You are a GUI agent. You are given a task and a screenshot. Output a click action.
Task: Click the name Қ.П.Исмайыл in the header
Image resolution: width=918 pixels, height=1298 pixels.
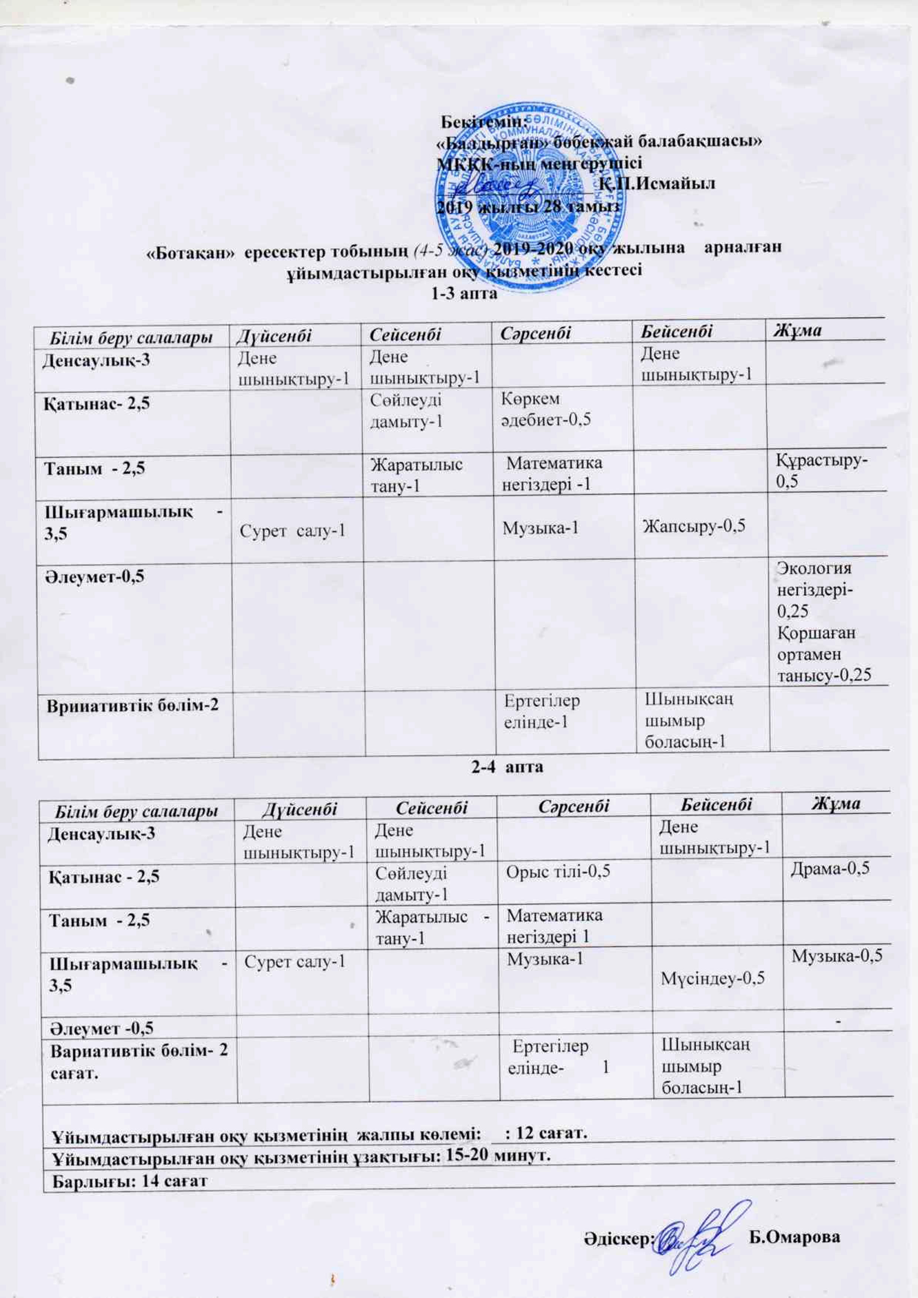(657, 183)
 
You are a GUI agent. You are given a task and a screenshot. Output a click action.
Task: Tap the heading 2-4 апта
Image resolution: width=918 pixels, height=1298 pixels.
(507, 767)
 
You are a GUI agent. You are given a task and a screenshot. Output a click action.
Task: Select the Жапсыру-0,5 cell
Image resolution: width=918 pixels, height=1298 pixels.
(693, 526)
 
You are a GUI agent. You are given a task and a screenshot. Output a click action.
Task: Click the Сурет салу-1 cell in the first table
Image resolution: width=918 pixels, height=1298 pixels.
(292, 530)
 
